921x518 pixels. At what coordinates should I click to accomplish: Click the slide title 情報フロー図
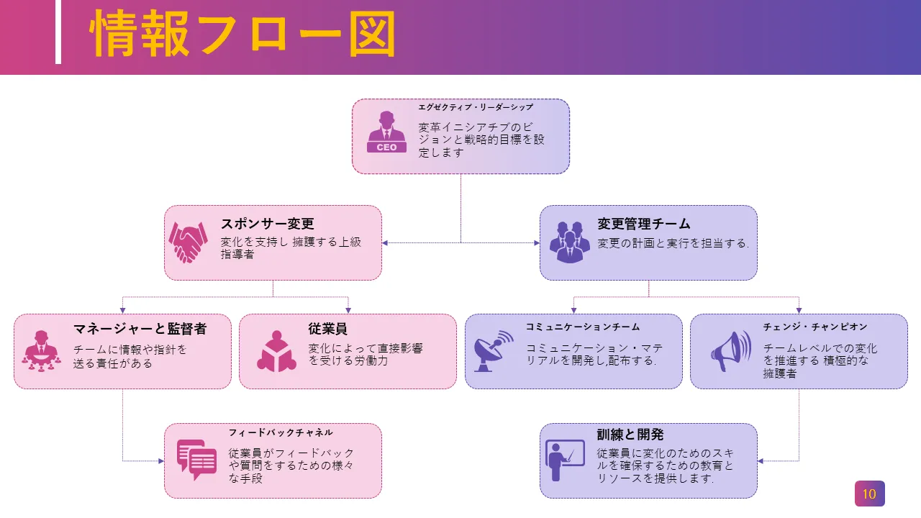click(243, 35)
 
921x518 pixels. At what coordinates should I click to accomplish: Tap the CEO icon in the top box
click(386, 132)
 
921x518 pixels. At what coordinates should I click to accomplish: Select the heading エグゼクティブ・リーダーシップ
click(476, 107)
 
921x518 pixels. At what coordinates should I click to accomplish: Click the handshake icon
click(189, 242)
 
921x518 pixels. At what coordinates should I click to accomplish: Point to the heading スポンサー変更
click(267, 224)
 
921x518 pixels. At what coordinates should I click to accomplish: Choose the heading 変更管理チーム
click(643, 224)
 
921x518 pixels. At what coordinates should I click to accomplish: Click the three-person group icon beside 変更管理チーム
click(569, 242)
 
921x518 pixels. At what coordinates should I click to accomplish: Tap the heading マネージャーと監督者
click(140, 329)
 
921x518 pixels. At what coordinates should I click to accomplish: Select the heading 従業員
click(328, 329)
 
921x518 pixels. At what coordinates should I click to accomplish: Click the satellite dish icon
click(494, 350)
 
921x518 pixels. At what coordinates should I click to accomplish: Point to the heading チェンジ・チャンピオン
click(815, 327)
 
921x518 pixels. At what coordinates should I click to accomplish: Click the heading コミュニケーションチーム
click(583, 327)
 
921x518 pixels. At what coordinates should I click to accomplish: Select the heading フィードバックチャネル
click(281, 432)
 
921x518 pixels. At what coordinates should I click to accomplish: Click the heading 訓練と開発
click(630, 435)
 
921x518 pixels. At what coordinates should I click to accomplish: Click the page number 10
click(869, 494)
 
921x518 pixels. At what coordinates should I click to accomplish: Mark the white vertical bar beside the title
click(58, 32)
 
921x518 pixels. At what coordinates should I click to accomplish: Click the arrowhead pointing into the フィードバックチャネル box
click(160, 460)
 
